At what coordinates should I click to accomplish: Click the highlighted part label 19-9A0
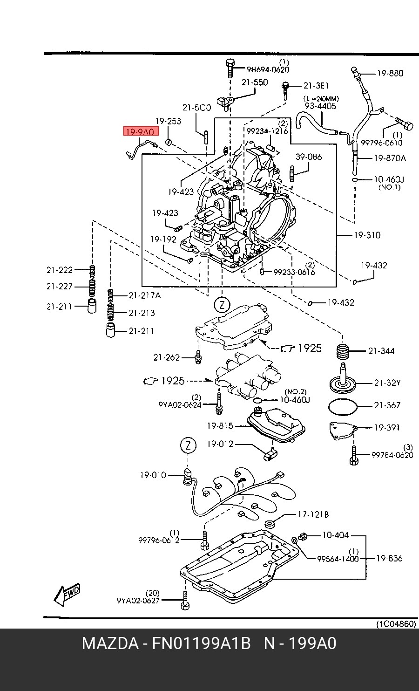(x=141, y=132)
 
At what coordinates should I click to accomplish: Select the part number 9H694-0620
(x=268, y=70)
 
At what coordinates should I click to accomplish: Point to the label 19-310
(x=367, y=235)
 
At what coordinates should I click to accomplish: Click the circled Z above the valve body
(x=222, y=305)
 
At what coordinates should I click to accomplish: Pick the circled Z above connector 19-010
(x=188, y=445)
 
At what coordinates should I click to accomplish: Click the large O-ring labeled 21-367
(x=343, y=407)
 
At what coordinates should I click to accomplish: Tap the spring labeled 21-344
(x=343, y=352)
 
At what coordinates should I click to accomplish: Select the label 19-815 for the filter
(x=220, y=426)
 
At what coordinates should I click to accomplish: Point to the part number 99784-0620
(x=392, y=455)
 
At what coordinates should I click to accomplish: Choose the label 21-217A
(x=145, y=295)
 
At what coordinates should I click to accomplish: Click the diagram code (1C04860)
(x=396, y=624)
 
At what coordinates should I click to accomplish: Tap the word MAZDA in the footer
(x=110, y=643)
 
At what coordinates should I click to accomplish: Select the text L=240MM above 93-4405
(x=321, y=99)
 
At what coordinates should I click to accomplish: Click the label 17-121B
(x=313, y=514)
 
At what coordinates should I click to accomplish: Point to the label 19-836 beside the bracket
(x=389, y=558)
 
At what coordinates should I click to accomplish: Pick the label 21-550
(x=255, y=82)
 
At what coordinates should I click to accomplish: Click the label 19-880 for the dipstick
(x=390, y=73)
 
